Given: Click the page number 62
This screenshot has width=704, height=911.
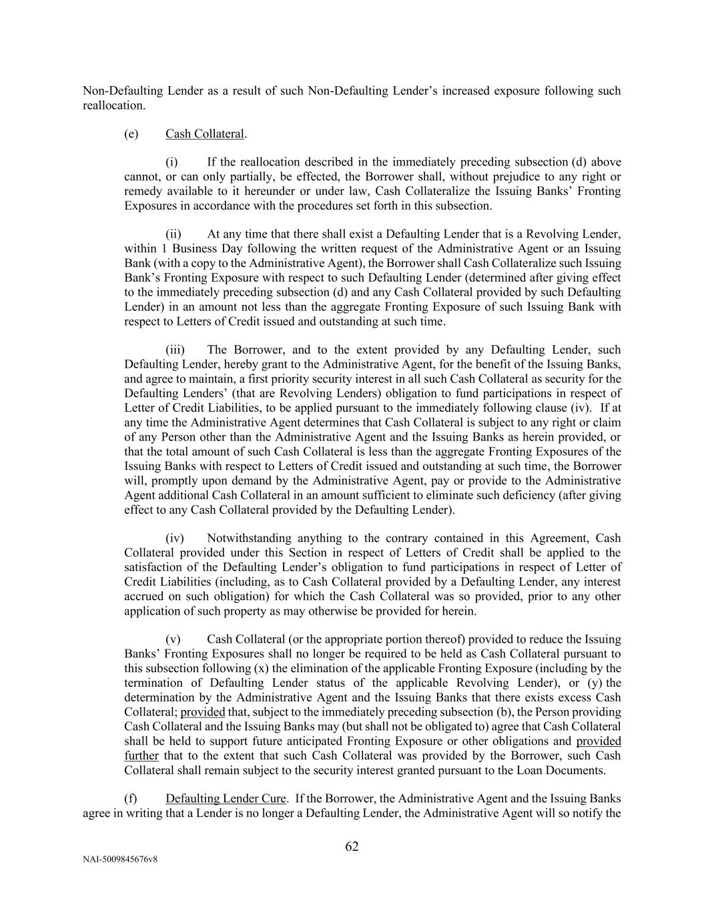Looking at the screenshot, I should coord(352,847).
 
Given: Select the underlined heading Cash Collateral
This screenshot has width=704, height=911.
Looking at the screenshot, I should coord(205,133).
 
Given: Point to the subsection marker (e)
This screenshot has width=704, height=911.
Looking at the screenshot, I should coord(131,133).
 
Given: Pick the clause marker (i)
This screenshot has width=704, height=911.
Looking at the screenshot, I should coord(172,162).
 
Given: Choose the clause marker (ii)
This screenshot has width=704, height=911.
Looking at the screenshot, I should coord(173,234).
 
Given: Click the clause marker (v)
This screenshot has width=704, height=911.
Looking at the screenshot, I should coord(173,639).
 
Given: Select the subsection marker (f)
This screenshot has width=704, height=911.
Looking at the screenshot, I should coord(131,798).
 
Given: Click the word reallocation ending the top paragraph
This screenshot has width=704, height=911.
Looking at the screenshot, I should coord(113,105).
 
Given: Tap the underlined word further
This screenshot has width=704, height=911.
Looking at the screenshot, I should coord(141,755).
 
